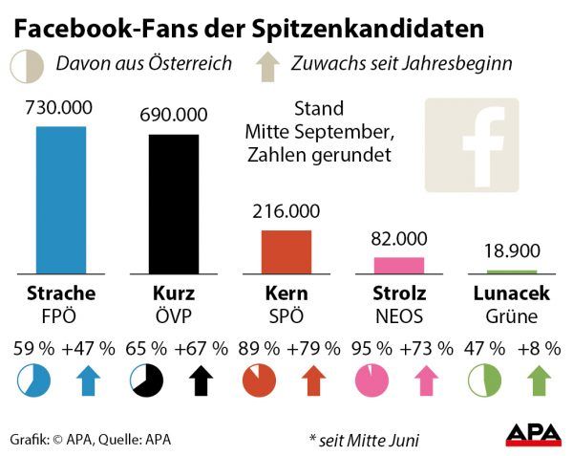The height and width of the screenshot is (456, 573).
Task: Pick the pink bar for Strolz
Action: (399, 265)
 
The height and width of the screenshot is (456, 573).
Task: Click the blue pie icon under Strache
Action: (32, 382)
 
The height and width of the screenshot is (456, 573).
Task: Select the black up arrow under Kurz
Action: (202, 381)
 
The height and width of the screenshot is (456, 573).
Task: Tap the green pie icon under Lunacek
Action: (483, 382)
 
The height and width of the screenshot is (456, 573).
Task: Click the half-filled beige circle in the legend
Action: (25, 65)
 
